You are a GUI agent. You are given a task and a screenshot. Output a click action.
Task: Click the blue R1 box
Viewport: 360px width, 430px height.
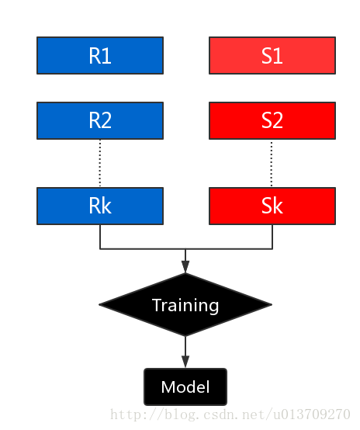[x=100, y=55]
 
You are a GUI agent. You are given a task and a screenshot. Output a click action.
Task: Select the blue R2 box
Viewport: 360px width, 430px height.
[x=100, y=120]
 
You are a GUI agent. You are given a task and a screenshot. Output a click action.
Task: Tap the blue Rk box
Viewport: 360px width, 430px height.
[x=100, y=206]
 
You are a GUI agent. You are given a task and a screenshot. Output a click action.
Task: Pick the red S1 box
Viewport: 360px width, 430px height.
[x=272, y=55]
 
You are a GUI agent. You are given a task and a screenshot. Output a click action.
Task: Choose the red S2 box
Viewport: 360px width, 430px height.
[x=272, y=120]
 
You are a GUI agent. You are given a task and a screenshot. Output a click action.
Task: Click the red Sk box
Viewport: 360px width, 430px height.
[x=272, y=206]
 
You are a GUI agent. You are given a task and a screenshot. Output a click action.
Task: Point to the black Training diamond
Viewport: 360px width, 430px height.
[x=185, y=305]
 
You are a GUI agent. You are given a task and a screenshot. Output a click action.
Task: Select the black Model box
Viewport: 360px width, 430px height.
[x=185, y=387]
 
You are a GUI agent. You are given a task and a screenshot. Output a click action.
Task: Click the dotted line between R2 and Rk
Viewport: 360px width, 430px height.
[x=100, y=164]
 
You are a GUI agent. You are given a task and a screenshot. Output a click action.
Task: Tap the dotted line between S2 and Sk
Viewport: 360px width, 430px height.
[x=272, y=164]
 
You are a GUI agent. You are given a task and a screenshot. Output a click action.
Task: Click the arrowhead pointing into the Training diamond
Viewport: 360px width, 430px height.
[x=185, y=267]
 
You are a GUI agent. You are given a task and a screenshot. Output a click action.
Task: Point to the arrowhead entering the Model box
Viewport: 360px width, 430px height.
[x=185, y=362]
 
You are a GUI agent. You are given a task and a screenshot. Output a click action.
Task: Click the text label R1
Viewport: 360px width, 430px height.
[x=100, y=56]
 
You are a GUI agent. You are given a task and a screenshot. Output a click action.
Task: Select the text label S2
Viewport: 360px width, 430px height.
[x=272, y=120]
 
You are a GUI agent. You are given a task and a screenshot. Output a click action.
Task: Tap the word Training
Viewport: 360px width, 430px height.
[x=185, y=306]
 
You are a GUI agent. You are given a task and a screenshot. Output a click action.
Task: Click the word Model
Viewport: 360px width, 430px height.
[x=185, y=387]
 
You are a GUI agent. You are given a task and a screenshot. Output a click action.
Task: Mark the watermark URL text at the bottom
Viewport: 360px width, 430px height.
[x=230, y=414]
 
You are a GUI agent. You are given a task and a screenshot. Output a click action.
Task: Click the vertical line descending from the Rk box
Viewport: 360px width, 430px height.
[x=100, y=237]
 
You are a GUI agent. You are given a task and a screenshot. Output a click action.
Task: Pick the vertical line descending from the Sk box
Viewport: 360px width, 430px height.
[x=272, y=237]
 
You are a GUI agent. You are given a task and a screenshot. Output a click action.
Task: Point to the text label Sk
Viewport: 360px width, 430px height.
[x=272, y=206]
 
